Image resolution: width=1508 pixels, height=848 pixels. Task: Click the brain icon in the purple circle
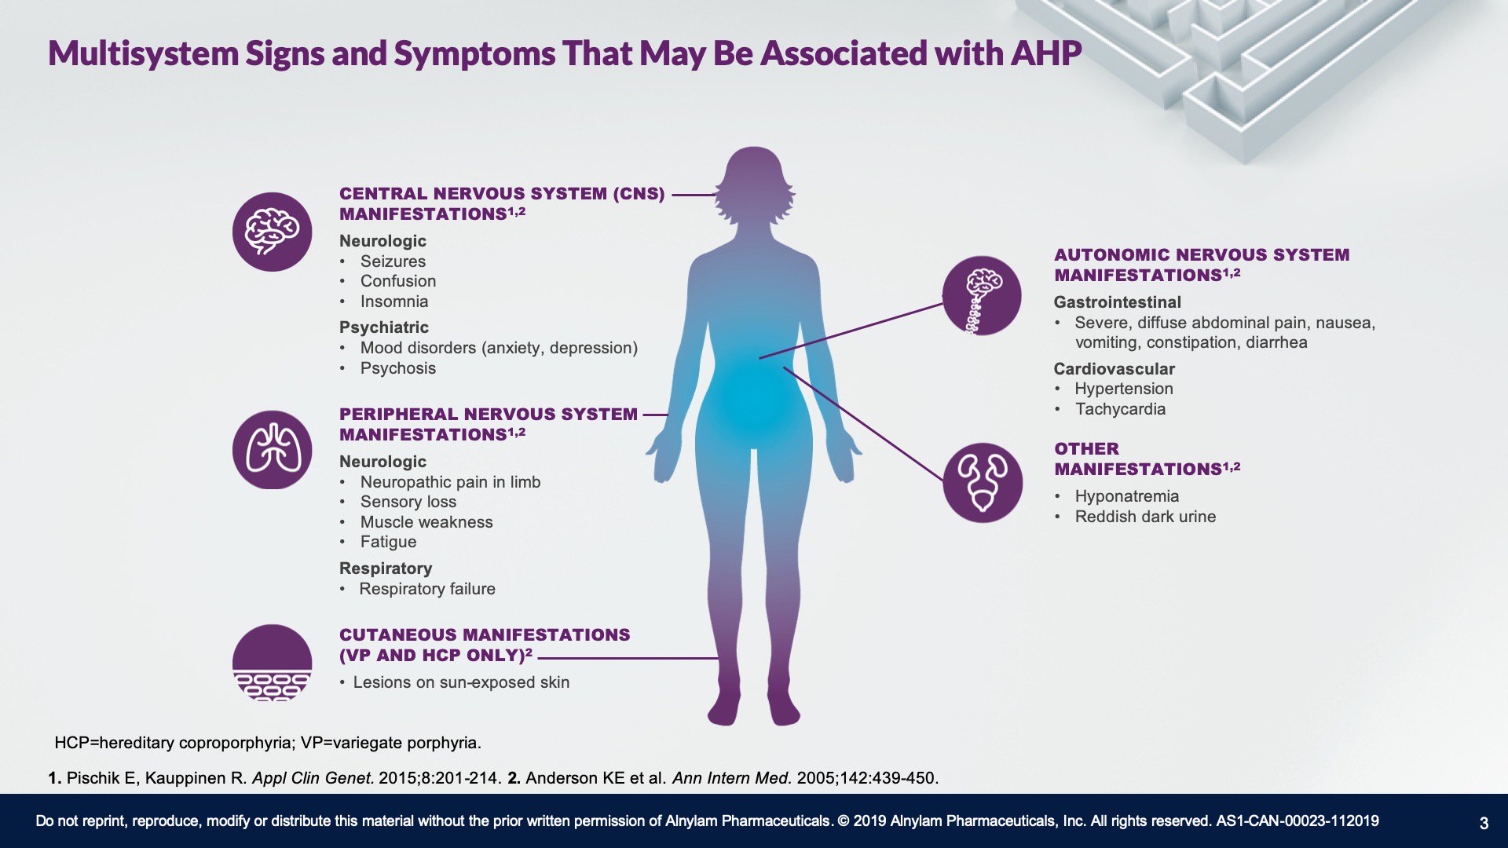272,232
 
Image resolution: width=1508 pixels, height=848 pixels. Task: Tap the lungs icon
272,450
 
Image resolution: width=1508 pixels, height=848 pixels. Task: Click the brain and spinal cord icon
982,296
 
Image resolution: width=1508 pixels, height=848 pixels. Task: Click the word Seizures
393,261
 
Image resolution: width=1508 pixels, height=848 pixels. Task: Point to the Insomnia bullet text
394,302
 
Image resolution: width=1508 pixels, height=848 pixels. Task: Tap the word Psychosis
397,368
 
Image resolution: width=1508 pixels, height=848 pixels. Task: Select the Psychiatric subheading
384,327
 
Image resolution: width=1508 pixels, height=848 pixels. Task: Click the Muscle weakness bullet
426,522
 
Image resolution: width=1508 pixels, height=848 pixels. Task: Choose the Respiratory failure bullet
427,589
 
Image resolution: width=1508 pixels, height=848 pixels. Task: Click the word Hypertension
1124,389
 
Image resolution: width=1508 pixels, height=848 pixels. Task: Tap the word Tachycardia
1120,409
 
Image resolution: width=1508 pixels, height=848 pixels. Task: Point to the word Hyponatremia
1127,496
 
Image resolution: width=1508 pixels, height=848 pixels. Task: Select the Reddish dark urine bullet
1145,517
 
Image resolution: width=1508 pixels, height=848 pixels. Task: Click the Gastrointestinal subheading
1118,302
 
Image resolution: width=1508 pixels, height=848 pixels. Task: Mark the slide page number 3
1484,823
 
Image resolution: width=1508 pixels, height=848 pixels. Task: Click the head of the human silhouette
754,185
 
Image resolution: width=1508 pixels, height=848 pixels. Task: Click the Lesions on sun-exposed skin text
461,682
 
